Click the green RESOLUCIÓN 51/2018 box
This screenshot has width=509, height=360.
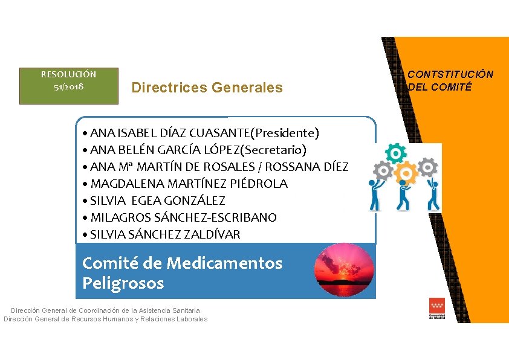[68, 86]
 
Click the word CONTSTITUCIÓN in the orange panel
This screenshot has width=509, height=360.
[450, 74]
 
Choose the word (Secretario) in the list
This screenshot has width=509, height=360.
[276, 150]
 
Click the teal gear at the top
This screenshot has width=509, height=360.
[395, 154]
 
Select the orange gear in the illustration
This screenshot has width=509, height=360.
[407, 174]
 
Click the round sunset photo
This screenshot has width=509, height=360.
[345, 270]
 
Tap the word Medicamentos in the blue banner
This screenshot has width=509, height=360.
[224, 263]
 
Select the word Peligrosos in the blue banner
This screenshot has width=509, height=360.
[123, 283]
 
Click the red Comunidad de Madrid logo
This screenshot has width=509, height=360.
[436, 307]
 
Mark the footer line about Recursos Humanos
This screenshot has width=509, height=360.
[105, 319]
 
